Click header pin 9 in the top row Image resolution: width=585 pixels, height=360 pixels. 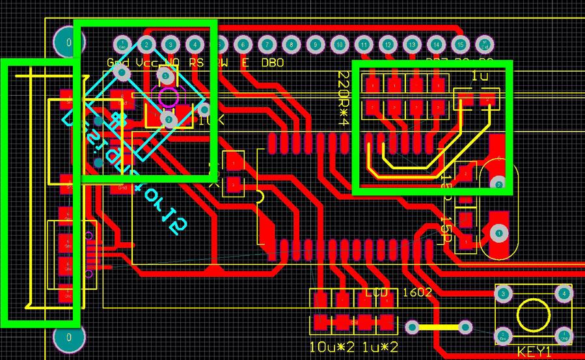[316, 45]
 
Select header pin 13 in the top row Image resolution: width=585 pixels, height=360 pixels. [412, 45]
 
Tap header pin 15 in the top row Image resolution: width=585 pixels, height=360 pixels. [460, 45]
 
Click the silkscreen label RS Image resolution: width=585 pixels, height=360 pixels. [196, 63]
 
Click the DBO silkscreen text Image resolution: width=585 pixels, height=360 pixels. [272, 63]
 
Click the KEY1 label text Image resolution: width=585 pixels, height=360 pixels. [534, 352]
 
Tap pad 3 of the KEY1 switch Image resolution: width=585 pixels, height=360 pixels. [503, 294]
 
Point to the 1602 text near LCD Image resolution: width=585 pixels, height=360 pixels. [416, 292]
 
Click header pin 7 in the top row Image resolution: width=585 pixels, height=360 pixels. [267, 45]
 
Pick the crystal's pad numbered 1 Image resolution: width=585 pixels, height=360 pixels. [499, 232]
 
